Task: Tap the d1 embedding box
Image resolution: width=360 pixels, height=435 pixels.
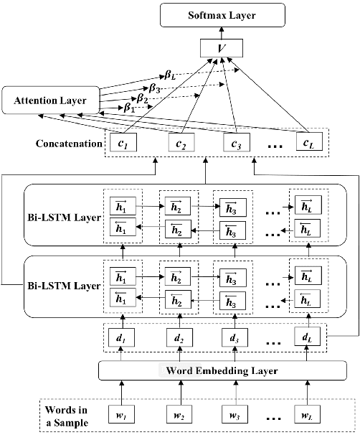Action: [121, 335]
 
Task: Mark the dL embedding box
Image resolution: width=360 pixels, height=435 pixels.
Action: [307, 335]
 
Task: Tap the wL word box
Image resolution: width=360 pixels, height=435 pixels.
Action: [307, 414]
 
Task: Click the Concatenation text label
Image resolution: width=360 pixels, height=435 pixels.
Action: [68, 144]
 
